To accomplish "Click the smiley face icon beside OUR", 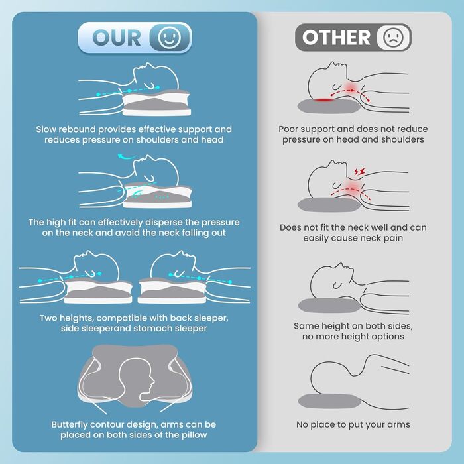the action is [169, 38].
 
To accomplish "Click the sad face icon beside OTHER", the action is [393, 38].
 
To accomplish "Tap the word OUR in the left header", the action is [117, 38].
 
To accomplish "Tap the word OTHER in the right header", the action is [336, 38].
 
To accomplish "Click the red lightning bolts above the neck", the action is [359, 172].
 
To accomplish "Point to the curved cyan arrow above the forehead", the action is [127, 157].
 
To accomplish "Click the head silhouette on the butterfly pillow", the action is [137, 379].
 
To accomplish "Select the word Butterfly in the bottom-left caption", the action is [70, 425].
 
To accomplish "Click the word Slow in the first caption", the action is [46, 129].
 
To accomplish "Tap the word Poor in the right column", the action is [288, 129].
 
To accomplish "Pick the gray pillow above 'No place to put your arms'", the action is [329, 401].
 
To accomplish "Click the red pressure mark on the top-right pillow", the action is [324, 99].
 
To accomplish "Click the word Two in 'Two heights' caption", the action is [48, 318].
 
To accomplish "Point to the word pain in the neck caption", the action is [393, 238].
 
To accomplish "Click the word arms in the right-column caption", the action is [400, 425].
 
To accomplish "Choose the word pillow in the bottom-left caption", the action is [193, 435].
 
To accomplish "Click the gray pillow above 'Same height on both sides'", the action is [329, 306].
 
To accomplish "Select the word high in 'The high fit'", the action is [56, 223].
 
